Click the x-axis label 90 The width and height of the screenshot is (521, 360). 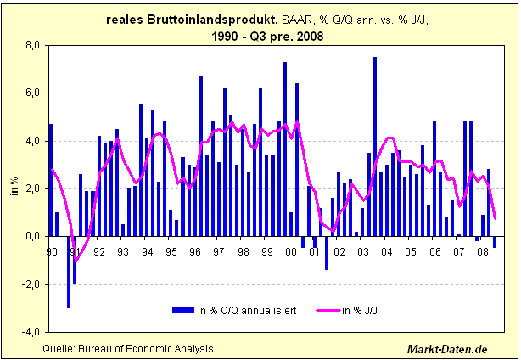click(x=52, y=252)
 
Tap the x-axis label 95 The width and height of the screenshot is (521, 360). click(x=172, y=252)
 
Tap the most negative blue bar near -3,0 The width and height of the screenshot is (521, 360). click(x=69, y=272)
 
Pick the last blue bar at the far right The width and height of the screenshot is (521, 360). click(x=495, y=242)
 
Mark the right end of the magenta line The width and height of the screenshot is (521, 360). click(x=495, y=217)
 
